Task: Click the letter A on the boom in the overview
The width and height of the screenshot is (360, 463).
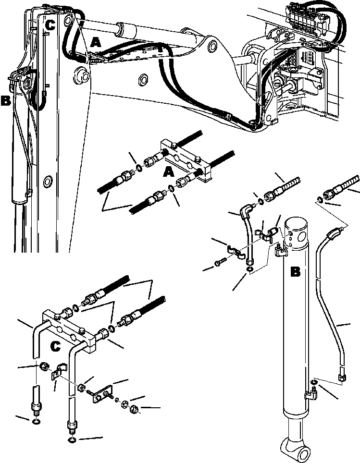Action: coord(96,43)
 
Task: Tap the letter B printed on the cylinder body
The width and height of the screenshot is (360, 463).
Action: coord(296,272)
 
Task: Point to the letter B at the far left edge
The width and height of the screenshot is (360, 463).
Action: coord(6,101)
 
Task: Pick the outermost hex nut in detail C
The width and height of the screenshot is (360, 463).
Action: coord(135,409)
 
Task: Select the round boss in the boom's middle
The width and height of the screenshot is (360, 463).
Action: coord(143,79)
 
